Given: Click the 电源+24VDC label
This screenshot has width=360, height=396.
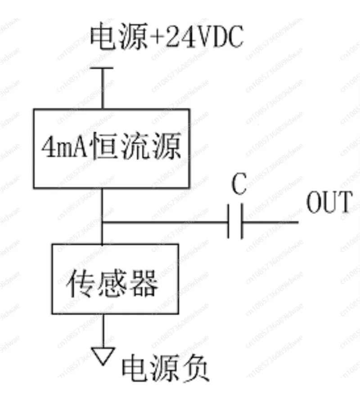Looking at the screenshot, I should pos(167,37).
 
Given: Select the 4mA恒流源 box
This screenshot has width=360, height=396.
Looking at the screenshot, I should pos(111,148).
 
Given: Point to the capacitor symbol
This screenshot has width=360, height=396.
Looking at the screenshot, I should pos(235,222).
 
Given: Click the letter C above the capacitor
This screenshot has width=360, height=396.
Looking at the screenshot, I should pos(239,185).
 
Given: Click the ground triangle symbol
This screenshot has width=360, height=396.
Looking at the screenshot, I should pos(103,355).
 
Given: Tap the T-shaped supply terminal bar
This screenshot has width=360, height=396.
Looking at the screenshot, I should pos(103,69).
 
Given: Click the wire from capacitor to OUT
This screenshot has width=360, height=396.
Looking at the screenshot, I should pos(270,222).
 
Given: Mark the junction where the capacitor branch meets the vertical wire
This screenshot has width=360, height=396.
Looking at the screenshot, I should pos(103,222).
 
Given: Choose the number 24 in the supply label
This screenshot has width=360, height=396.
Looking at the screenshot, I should pos(180,38).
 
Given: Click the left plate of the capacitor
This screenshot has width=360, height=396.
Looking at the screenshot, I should pos(229,222).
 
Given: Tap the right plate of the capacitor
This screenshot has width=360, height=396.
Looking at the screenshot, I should pos(242,222).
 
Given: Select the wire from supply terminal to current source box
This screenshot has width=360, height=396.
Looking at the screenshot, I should pos(103,90).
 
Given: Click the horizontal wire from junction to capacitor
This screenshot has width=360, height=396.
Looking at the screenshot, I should pos(166,222).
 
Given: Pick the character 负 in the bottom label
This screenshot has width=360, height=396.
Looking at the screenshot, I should pos(198,369).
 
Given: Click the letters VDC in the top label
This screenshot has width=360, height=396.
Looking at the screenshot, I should pos(220,38).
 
